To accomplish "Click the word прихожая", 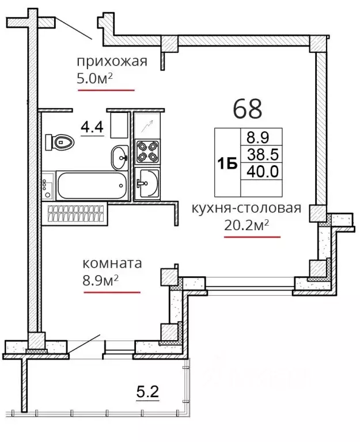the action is point(112,62).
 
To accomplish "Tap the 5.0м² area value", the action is point(95,79).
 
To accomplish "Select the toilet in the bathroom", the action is point(60,142).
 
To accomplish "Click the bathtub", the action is point(92,185).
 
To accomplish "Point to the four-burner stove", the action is point(147,152).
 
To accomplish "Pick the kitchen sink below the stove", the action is point(147,183).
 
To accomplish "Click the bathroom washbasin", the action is point(120,157).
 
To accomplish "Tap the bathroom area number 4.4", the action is point(92,127).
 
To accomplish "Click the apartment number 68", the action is point(248,109).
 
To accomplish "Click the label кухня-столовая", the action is point(247,208).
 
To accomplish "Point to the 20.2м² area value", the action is point(247,225).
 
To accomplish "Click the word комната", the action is point(112,264).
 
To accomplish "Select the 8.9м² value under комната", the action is point(100,280).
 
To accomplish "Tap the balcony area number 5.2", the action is point(147,391).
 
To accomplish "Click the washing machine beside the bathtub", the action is point(48,186).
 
